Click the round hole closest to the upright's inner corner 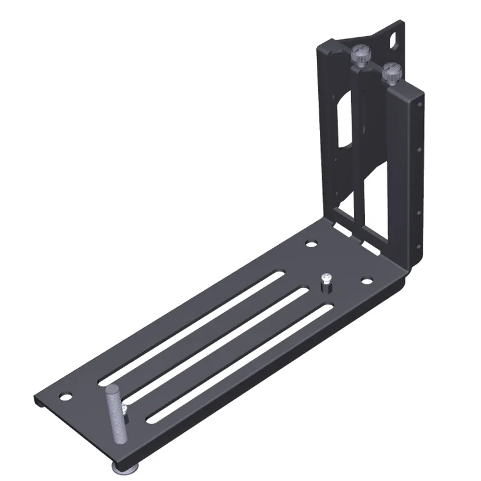click(x=311, y=244)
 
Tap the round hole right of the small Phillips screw click(x=366, y=280)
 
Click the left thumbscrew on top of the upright click(x=360, y=55)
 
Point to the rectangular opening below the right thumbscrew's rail click(x=376, y=198)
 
